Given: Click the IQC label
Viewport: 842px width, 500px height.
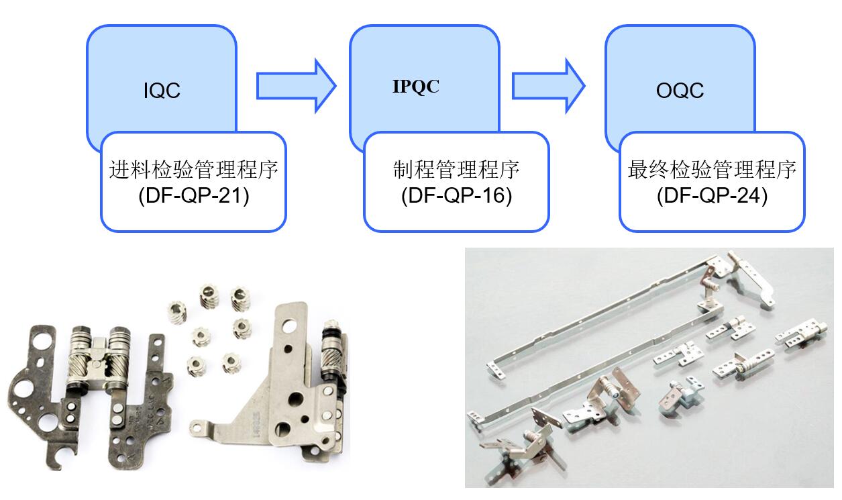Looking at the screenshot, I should pyautogui.click(x=162, y=90).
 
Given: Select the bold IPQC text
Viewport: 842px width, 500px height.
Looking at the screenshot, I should pyautogui.click(x=416, y=87).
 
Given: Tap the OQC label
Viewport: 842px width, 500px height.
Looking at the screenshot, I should pyautogui.click(x=680, y=90).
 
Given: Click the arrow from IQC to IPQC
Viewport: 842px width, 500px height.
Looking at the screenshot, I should pyautogui.click(x=295, y=85).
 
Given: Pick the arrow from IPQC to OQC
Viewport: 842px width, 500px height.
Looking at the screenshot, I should pyautogui.click(x=548, y=85).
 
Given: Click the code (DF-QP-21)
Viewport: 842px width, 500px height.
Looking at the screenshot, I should pyautogui.click(x=193, y=197).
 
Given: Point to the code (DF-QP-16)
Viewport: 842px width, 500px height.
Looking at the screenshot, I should pyautogui.click(x=456, y=197).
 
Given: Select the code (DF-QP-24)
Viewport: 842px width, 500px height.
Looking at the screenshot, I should pyautogui.click(x=712, y=197).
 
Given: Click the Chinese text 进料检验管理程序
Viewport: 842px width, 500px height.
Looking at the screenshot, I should pyautogui.click(x=193, y=170).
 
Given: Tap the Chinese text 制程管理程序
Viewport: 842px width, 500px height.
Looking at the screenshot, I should pyautogui.click(x=456, y=170).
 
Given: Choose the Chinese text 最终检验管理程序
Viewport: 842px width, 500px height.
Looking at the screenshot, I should pyautogui.click(x=712, y=170).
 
